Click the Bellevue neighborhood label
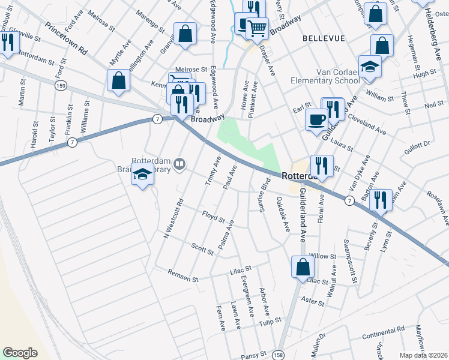click(x=324, y=38)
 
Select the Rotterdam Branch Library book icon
click(x=179, y=163)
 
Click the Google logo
click(x=20, y=353)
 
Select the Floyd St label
click(x=213, y=215)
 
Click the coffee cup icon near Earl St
click(x=316, y=119)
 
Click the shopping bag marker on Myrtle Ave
click(x=119, y=81)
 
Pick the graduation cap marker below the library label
click(x=142, y=175)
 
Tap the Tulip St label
click(x=270, y=322)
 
